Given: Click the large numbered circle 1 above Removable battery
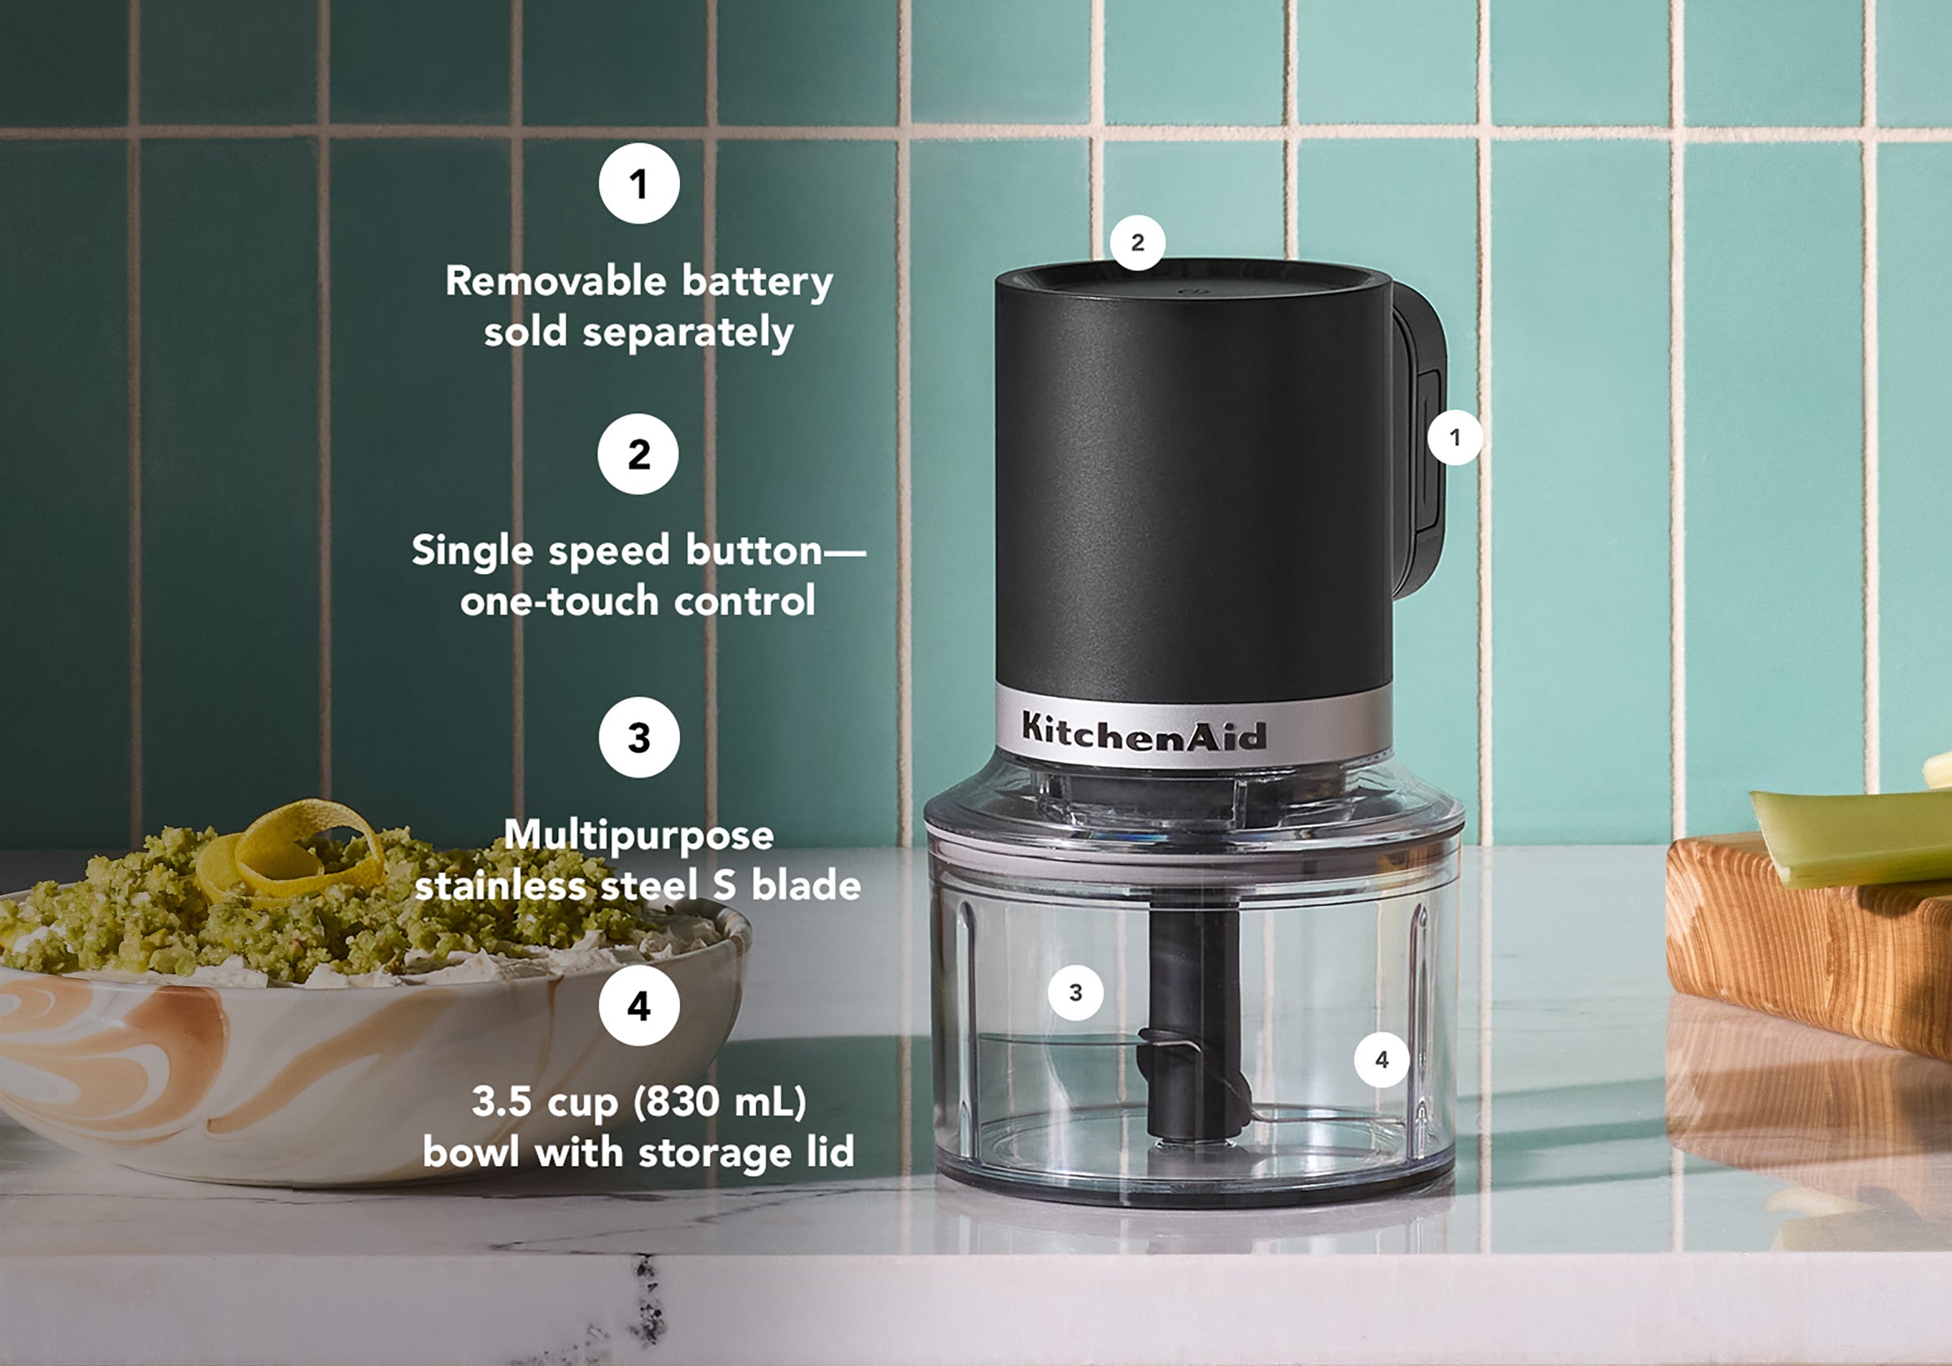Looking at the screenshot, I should coord(638,184).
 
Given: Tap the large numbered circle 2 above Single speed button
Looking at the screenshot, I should coord(638,454).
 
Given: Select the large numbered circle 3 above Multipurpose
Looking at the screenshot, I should coord(638,737).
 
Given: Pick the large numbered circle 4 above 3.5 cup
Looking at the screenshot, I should coord(638,1006).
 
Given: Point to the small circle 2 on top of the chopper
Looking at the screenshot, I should coord(1138,242).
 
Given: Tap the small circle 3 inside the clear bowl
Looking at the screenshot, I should coord(1075,992).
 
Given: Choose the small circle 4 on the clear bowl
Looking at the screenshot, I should coord(1382,1059).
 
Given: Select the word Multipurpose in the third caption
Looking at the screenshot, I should coord(638,835).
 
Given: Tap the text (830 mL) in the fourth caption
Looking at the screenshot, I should coord(720,1102).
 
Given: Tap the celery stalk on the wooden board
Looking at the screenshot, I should coord(1854,837).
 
